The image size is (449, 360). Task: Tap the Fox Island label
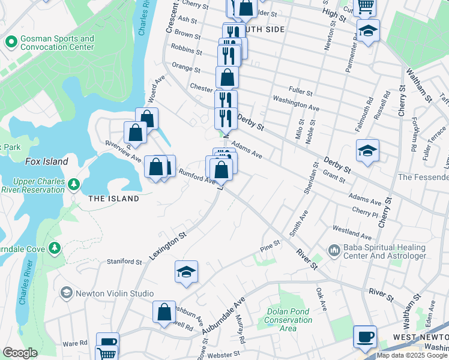click(x=46, y=161)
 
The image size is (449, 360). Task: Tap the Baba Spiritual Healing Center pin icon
click(x=334, y=248)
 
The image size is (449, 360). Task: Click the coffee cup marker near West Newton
click(x=364, y=337)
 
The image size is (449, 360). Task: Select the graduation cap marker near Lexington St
click(x=187, y=272)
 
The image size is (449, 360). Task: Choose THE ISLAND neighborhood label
click(x=113, y=199)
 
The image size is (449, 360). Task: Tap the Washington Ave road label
click(x=296, y=103)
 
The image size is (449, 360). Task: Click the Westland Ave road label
click(x=352, y=232)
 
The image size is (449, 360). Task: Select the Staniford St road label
click(x=124, y=262)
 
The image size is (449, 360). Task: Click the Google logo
click(x=20, y=352)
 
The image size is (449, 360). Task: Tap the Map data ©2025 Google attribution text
click(x=412, y=355)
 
